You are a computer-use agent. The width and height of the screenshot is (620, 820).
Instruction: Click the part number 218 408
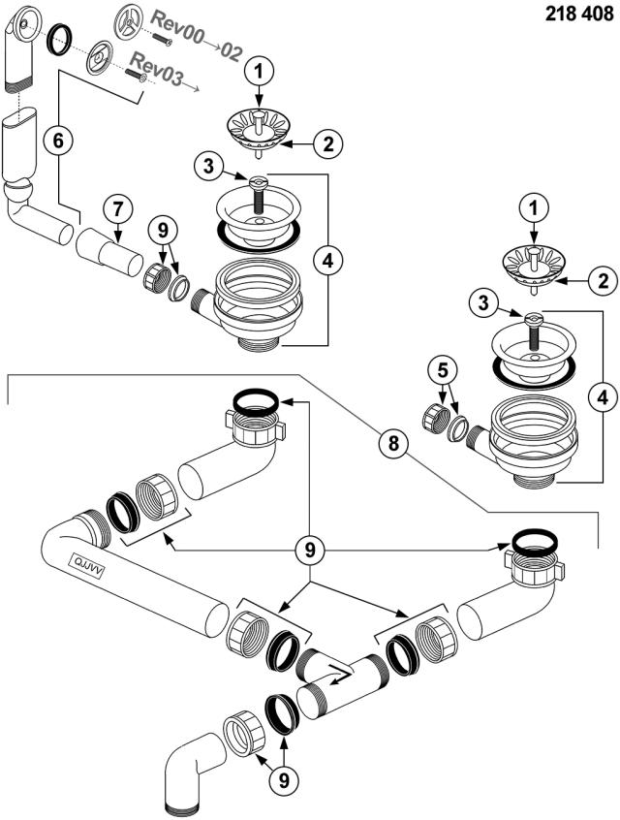coord(579,14)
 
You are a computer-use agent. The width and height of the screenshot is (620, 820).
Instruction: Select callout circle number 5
coord(443,371)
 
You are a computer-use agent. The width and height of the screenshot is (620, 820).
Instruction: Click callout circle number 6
coord(58,141)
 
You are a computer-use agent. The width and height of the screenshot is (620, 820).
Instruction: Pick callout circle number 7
coord(117,209)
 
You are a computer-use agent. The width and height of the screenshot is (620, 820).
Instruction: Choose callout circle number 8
coord(393,444)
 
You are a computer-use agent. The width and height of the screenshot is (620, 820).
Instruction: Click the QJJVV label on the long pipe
coord(87,564)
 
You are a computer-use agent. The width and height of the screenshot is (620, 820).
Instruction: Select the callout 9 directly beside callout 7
coord(163,230)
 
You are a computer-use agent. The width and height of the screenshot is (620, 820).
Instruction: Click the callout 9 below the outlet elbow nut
coord(283,781)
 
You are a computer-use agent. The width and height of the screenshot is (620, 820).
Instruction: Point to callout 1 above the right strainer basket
coord(534,208)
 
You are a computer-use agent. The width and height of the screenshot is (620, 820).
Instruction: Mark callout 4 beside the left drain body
coord(327,260)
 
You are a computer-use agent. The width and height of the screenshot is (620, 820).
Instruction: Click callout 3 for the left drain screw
coord(209,167)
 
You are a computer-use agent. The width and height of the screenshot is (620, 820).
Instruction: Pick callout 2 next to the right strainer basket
coord(604,281)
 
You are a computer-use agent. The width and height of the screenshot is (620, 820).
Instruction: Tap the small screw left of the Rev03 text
coord(137,77)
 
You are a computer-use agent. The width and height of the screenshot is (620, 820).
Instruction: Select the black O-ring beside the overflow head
coord(58,39)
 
